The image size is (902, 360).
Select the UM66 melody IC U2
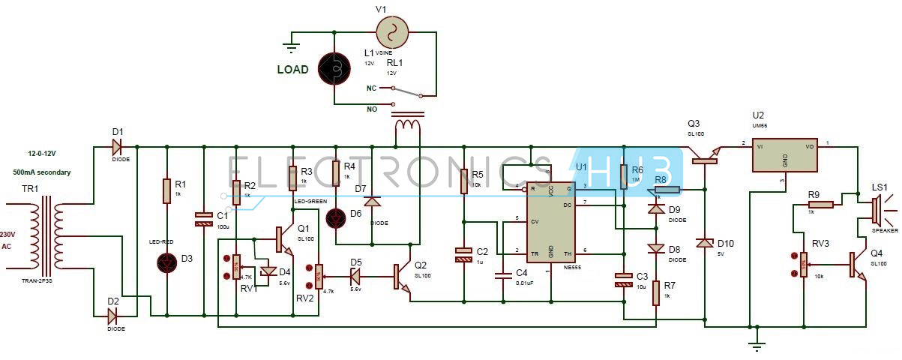784,155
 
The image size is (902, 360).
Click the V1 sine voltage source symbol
391,32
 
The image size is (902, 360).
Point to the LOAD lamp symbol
334,69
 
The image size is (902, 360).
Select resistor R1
166,190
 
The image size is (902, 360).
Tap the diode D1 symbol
118,145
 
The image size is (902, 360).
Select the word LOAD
292,70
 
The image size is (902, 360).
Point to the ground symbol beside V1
290,46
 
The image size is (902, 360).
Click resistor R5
464,179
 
